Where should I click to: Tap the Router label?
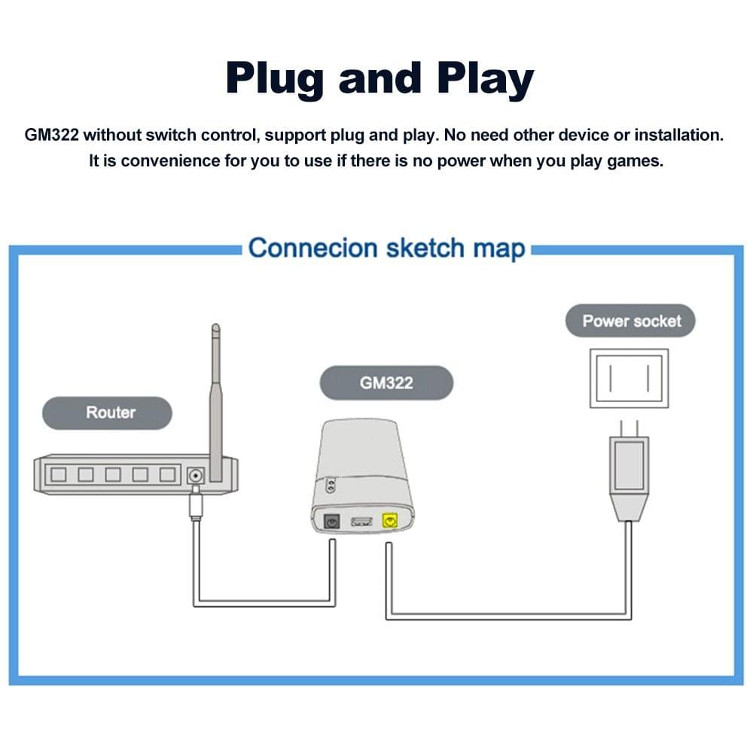(110, 413)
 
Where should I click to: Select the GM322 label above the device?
(386, 383)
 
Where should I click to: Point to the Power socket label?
(631, 322)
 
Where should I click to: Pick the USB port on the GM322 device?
(360, 520)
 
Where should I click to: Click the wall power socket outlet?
(629, 378)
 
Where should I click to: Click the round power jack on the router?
(196, 475)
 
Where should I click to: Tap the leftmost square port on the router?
(58, 474)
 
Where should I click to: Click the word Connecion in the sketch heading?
(312, 248)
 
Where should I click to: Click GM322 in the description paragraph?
(52, 136)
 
